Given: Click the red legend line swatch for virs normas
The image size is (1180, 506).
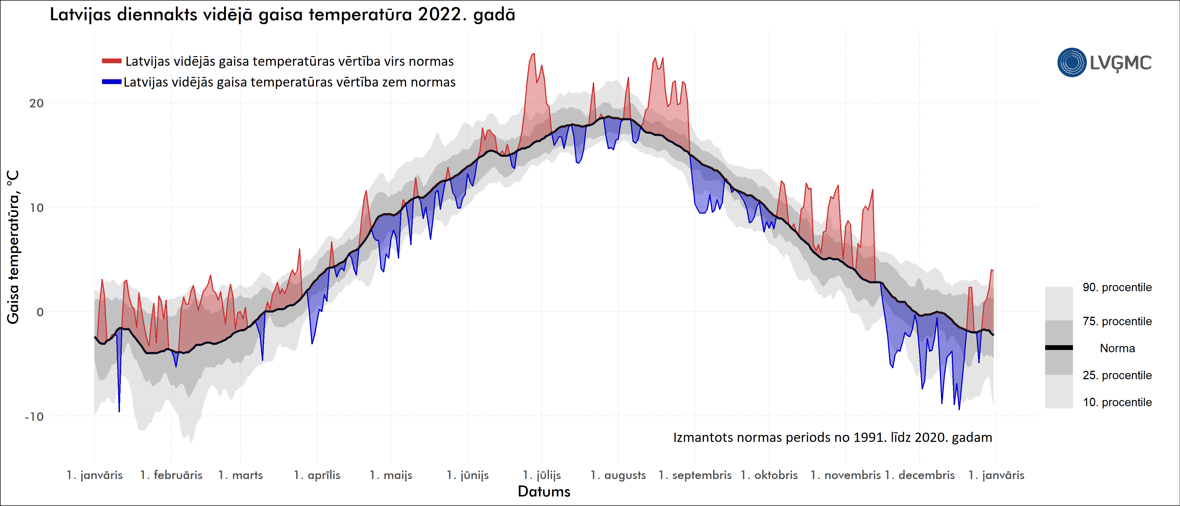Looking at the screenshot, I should (111, 61).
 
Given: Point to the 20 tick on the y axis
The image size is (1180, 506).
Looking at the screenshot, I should (37, 103).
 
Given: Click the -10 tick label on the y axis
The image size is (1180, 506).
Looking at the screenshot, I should (34, 417).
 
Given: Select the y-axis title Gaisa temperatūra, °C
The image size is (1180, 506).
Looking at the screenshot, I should (13, 247).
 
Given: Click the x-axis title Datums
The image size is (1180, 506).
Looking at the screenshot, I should (544, 492).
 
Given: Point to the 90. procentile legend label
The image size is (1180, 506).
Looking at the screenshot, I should (1117, 287).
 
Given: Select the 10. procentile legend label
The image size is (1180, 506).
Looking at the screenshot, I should (1117, 403).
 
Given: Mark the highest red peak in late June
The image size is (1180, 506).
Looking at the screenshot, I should (533, 54).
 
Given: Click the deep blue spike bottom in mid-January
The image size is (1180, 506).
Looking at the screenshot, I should (119, 411).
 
